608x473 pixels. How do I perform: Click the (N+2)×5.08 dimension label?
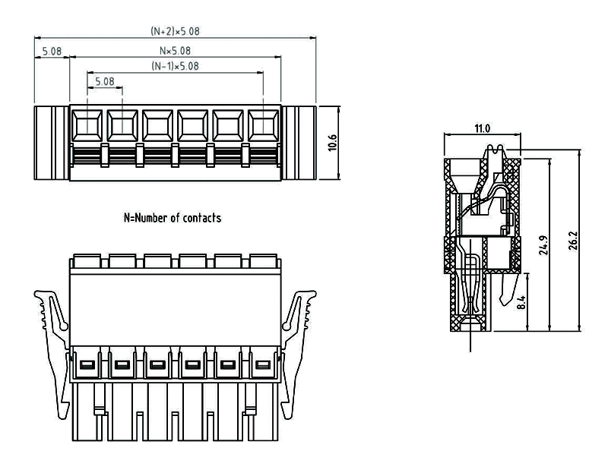175,32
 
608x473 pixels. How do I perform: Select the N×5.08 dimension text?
175,51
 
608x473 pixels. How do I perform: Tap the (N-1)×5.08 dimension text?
175,66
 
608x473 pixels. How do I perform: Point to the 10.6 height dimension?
331,142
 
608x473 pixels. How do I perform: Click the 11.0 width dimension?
482,129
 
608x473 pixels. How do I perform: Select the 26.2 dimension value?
575,240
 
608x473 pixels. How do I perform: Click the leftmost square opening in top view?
88,124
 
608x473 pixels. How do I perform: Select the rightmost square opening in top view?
263,124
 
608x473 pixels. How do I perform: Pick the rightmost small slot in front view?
262,366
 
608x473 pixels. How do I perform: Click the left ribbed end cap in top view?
52,142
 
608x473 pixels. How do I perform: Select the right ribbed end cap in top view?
298,142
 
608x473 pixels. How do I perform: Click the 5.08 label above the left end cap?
52,52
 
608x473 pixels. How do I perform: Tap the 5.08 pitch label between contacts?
104,80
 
